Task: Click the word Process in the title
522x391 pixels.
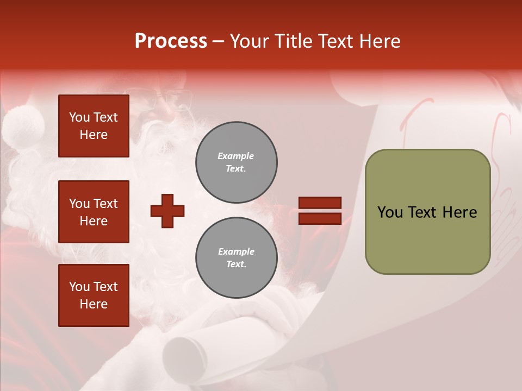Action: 171,41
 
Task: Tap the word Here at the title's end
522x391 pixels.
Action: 377,41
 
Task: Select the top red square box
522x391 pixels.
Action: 94,126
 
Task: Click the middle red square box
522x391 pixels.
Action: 94,212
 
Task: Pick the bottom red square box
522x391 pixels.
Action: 94,295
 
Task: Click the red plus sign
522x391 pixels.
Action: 167,211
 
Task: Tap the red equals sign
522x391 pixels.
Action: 320,211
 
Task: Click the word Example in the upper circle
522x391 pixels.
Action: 236,156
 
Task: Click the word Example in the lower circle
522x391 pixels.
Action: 236,251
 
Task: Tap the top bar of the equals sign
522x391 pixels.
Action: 320,203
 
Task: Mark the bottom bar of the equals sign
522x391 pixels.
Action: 320,218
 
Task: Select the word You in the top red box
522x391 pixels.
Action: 79,117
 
